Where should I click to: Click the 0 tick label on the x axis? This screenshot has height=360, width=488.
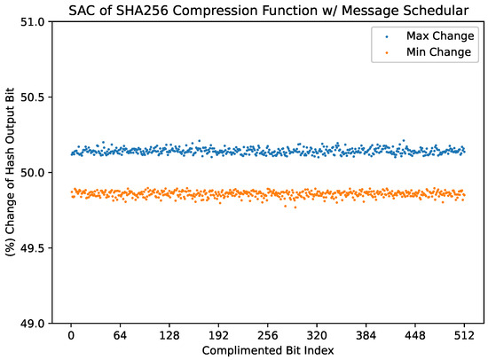tap(71, 337)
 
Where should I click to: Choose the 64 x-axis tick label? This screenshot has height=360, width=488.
tap(120, 337)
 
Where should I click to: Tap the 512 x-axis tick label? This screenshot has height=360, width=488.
tap(462, 337)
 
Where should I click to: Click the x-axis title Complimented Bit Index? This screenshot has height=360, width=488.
tap(267, 351)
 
